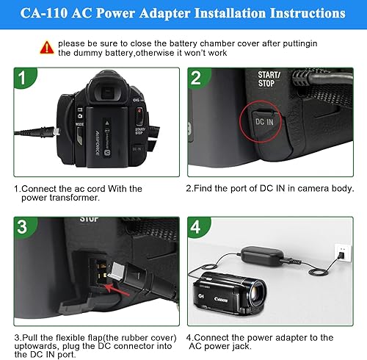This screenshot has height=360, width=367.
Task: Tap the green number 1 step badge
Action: (27, 79)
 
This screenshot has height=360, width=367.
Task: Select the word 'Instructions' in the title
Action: (302, 13)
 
